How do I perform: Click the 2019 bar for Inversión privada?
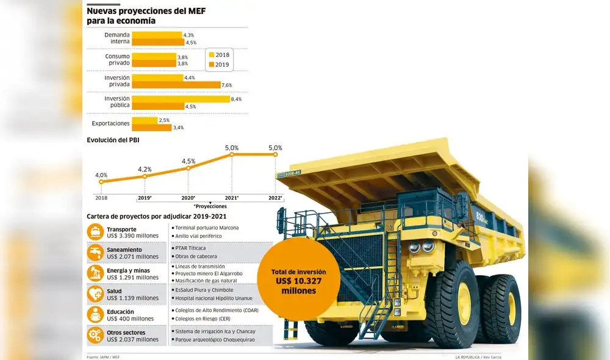[x=176, y=85]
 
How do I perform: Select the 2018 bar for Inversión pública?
[x=181, y=99]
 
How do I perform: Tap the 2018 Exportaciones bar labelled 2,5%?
[x=145, y=120]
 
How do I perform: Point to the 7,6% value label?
[x=227, y=85]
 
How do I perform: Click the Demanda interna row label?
[x=117, y=38]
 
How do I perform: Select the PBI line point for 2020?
[x=188, y=168]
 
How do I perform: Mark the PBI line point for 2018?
[x=101, y=181]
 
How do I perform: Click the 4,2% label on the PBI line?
[x=145, y=169]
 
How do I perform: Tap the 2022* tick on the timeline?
[x=275, y=198]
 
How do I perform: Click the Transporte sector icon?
[x=95, y=232]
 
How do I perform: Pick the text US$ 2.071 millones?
[x=133, y=257]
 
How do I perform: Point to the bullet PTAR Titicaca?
[x=190, y=248]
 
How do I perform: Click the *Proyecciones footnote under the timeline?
[x=210, y=206]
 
